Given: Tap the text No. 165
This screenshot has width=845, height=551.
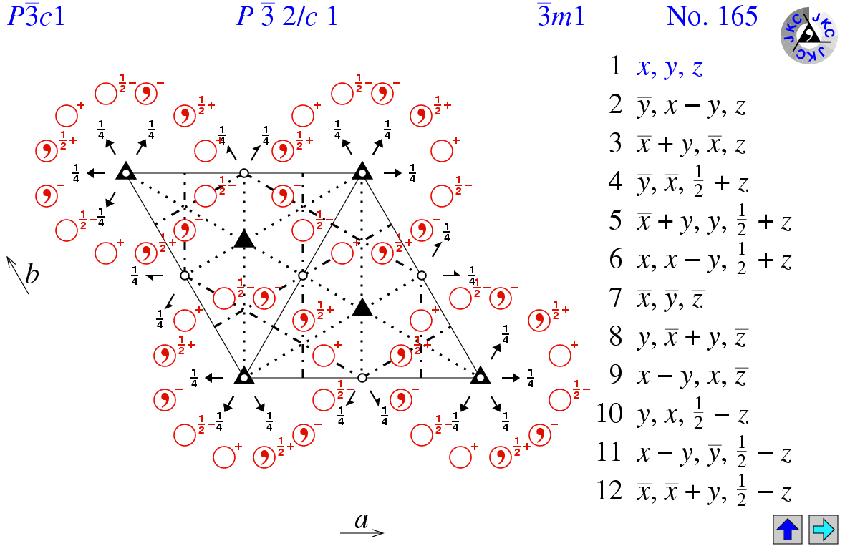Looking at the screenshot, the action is pos(712,16).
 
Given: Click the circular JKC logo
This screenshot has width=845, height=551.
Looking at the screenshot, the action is pos(808,36).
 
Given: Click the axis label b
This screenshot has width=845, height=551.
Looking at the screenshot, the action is pos(32,274).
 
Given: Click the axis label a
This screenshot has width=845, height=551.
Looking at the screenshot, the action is pos(362,520).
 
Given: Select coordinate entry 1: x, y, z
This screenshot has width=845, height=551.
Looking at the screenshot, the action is pos(670,67).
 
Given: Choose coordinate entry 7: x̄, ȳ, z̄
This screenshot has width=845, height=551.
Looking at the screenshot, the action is pos(670,299).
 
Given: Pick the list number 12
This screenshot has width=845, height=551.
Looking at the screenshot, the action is pos(609,491).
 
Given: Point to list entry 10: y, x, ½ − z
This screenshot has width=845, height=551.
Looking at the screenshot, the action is pos(692,414).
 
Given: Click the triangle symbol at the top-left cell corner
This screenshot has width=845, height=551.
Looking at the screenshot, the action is pos(125,171).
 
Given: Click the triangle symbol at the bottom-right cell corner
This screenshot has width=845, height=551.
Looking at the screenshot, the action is pos(481,376).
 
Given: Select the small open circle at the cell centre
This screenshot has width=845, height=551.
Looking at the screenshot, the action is pos(303,275).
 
